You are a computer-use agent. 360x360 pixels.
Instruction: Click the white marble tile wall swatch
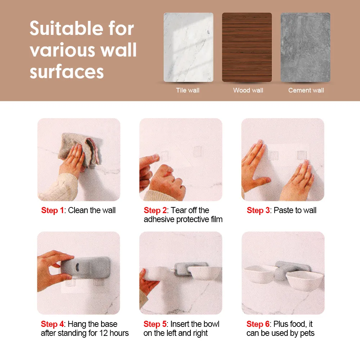pos(188,47)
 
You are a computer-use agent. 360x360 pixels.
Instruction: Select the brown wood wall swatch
pos(247,47)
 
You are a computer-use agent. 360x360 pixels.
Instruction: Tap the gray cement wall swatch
pos(305,47)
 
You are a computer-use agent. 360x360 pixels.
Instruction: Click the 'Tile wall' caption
pos(188,90)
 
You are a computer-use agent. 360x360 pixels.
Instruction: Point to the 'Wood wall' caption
pos(248,90)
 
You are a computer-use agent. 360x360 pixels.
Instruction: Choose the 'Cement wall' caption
pos(306,90)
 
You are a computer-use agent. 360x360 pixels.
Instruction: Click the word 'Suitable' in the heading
pos(67,28)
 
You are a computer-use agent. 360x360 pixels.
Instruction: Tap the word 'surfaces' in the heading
pos(67,72)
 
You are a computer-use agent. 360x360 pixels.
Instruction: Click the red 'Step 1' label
pos(52,210)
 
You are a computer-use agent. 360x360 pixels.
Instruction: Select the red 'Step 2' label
pos(155,210)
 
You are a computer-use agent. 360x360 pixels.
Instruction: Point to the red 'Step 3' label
pos(258,210)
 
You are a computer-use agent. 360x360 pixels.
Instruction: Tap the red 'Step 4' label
pos(52,324)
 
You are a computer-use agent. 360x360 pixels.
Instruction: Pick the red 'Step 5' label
pos(155,324)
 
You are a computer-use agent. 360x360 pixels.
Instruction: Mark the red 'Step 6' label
pos(258,324)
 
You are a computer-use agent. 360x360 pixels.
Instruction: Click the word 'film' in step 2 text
pos(216,219)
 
